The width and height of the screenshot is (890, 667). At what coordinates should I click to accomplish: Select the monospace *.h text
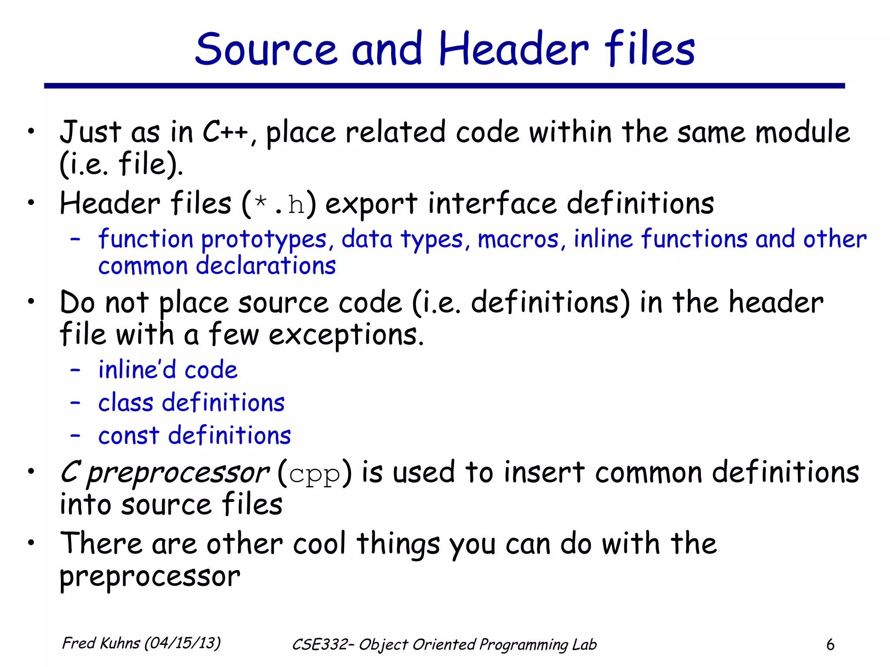(279, 204)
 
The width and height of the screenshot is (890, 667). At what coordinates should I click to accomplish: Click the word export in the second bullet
(371, 204)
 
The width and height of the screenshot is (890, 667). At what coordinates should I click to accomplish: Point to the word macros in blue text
(518, 239)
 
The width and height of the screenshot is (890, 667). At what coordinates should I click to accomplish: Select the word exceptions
(346, 335)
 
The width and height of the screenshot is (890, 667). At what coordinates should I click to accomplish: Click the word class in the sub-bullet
(126, 403)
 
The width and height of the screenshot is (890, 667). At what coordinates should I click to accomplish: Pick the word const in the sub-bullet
(129, 436)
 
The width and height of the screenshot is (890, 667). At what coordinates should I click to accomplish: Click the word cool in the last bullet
(319, 544)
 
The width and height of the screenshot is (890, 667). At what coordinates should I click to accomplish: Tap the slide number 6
(830, 644)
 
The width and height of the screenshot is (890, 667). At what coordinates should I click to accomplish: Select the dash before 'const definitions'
(75, 435)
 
